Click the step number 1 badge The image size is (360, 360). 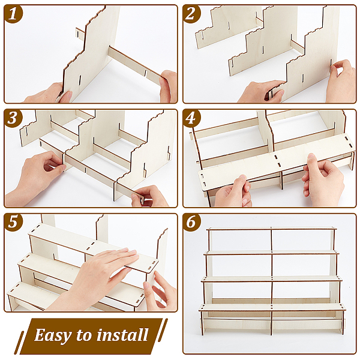13,14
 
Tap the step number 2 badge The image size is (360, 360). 191,14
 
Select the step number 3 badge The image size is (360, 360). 13,118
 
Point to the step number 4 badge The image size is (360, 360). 191,118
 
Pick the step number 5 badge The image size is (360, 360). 13,223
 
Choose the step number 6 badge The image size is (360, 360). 191,223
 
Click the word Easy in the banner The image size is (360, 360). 53,335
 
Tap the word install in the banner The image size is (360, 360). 122,335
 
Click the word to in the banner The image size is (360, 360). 84,335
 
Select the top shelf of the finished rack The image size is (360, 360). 271,229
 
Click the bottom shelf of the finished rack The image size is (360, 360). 272,307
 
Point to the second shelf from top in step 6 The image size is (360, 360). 271,253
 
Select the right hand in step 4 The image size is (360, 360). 323,178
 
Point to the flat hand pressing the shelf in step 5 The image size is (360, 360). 97,278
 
